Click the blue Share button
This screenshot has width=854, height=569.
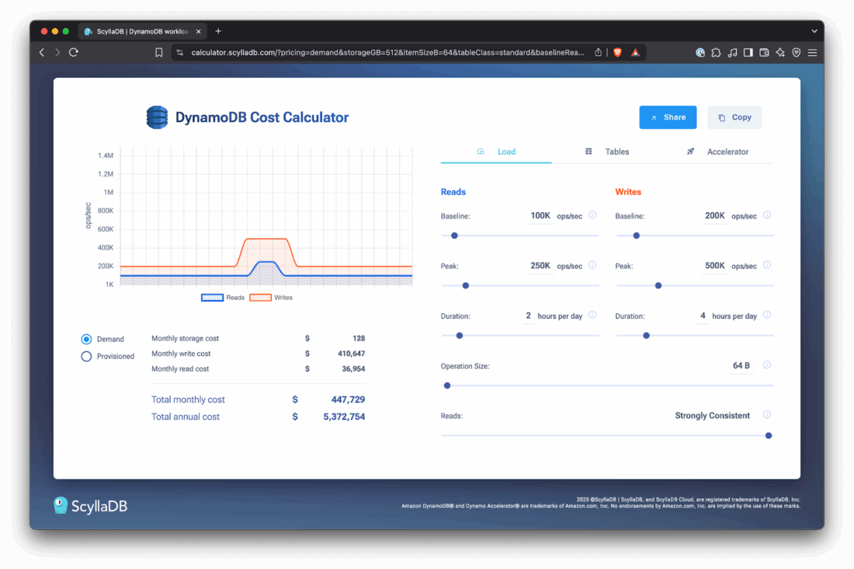(668, 117)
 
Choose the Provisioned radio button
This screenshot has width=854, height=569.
(87, 357)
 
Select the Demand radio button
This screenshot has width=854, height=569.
(87, 340)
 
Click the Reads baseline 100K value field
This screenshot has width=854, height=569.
(540, 215)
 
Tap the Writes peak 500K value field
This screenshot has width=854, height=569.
(714, 266)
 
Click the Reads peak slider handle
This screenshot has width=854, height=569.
(466, 285)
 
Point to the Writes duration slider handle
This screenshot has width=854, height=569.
(646, 336)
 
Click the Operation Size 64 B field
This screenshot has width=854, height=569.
(741, 365)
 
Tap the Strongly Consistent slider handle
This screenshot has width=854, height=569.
(769, 436)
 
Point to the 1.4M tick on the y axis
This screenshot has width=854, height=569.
(106, 155)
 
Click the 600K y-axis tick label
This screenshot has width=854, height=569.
(106, 229)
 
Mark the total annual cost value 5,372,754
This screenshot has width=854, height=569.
(342, 417)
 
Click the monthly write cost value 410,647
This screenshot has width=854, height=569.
(349, 354)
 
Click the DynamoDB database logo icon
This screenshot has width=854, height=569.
(157, 117)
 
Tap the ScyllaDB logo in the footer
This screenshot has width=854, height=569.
(90, 506)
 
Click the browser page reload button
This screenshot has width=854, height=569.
(74, 52)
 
